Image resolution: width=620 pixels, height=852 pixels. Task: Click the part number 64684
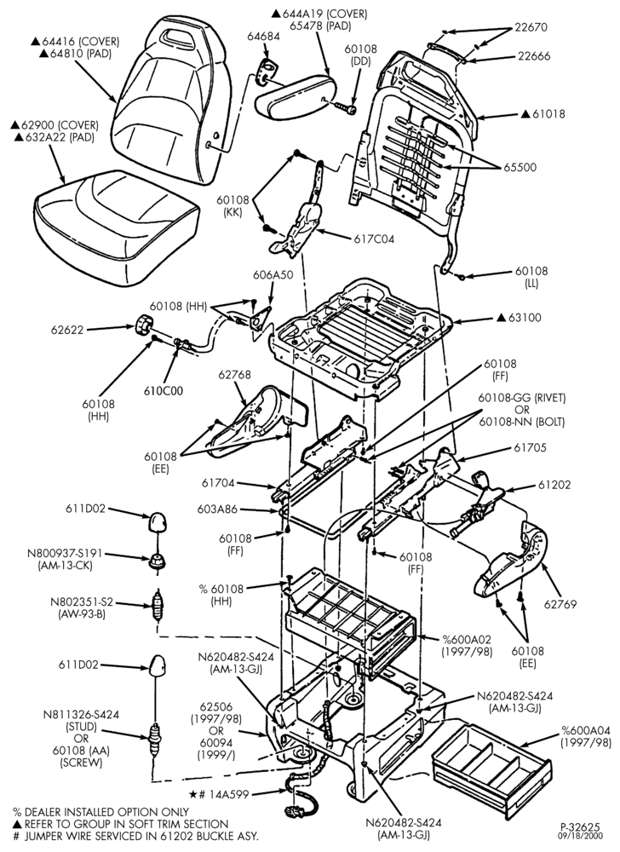263,37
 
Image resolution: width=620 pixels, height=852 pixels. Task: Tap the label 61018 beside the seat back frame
548,114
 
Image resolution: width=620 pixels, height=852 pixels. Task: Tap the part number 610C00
164,391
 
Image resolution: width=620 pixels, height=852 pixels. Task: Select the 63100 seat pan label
525,317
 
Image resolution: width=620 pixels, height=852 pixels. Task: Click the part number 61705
531,448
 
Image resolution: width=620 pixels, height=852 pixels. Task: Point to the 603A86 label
216,509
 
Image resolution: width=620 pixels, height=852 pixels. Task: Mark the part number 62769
560,604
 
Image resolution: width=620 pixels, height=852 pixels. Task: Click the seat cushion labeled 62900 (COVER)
114,227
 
